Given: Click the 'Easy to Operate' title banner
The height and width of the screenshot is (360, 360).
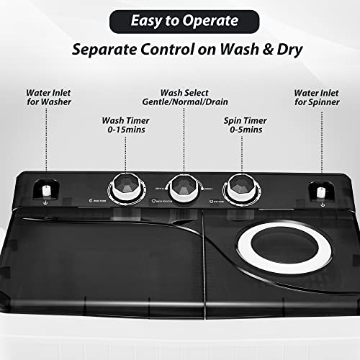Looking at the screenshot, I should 179,22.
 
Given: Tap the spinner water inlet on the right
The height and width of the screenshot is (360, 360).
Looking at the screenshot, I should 319,192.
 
